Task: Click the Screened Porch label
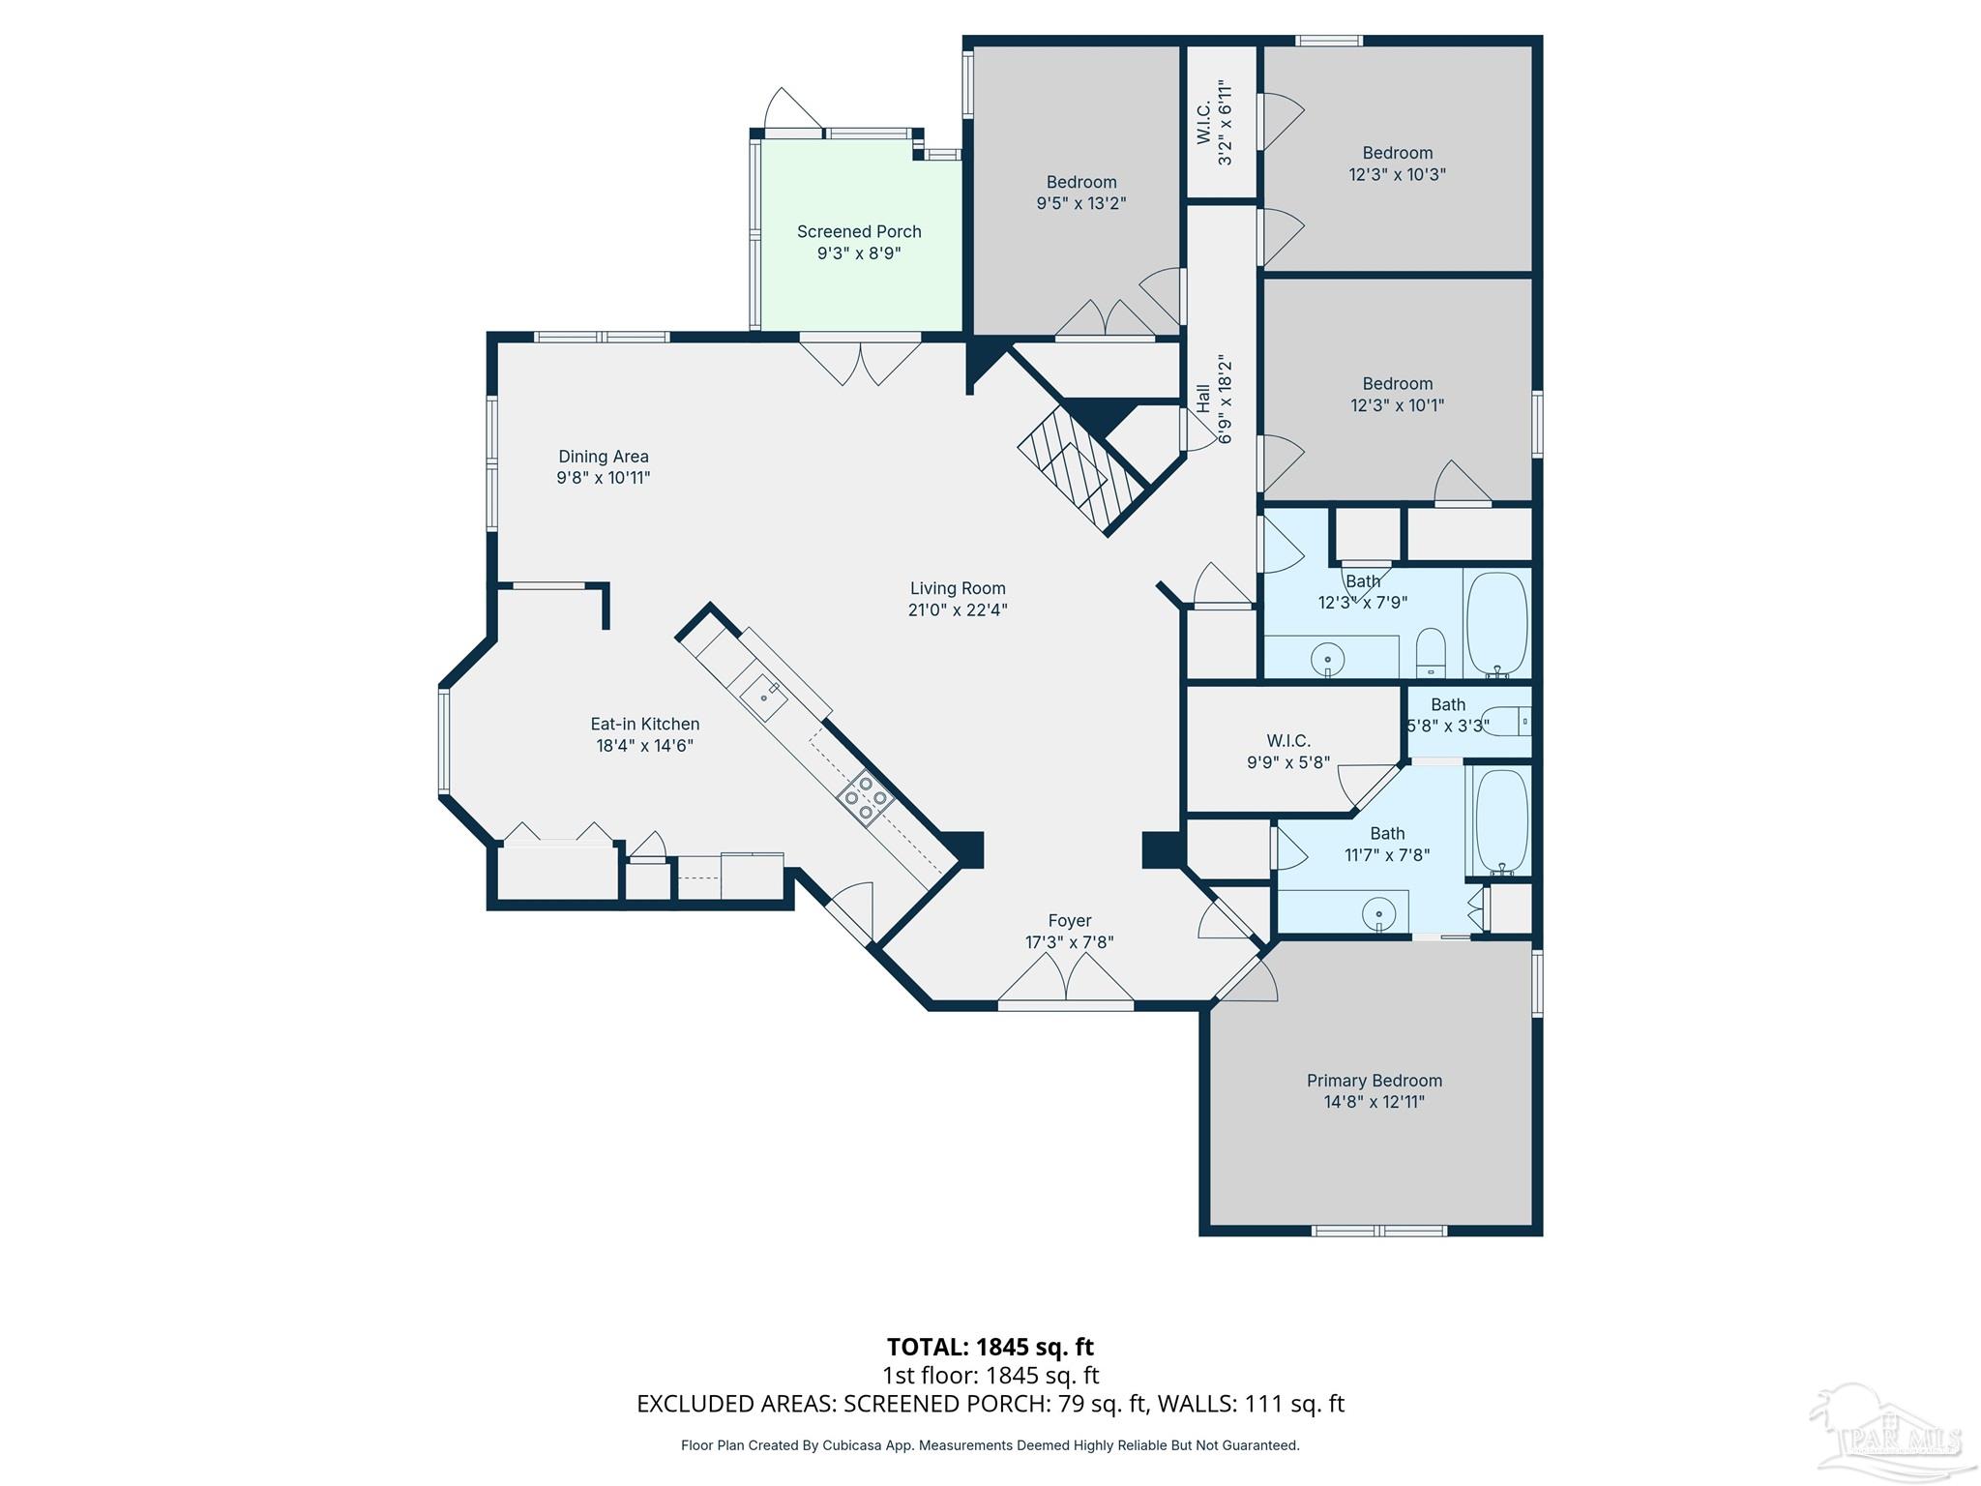click(859, 232)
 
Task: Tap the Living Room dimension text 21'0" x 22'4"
click(958, 610)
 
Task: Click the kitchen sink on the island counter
click(764, 695)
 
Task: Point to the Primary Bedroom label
click(1374, 1081)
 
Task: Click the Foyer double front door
click(1065, 979)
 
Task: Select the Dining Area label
click(603, 457)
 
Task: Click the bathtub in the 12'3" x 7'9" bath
click(1496, 623)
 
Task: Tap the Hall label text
click(1203, 399)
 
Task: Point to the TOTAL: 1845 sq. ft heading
click(990, 1347)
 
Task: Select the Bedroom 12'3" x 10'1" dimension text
click(1397, 406)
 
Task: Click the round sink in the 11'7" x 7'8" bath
click(1378, 913)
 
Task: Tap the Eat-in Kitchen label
click(644, 724)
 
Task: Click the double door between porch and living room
click(859, 362)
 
